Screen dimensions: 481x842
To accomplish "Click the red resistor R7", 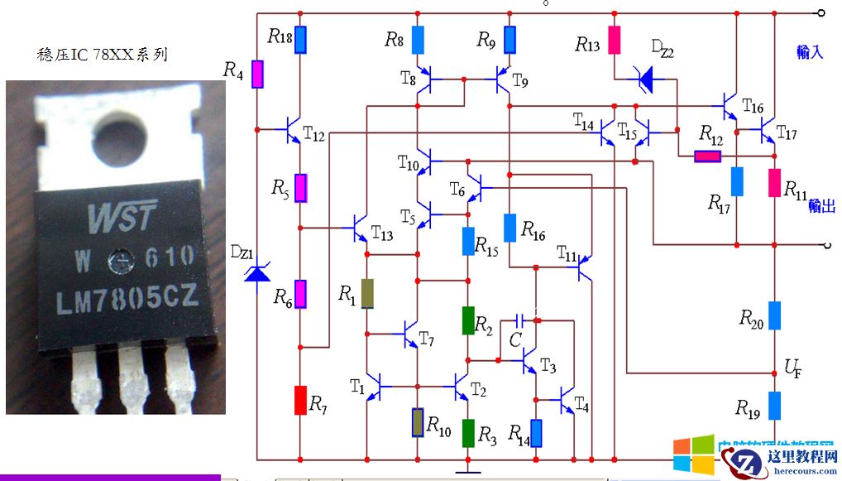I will [300, 400].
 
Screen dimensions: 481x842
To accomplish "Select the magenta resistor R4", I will [258, 75].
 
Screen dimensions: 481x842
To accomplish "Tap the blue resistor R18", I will [300, 38].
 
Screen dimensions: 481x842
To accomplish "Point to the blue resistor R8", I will [419, 39].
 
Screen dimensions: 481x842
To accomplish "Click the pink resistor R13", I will [615, 40].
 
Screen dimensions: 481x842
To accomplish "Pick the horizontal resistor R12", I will [707, 156].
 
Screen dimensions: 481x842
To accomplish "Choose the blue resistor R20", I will [775, 315].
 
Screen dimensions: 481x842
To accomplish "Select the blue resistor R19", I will [775, 405].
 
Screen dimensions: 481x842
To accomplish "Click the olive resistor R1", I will [367, 293].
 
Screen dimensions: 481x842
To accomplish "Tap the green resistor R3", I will [468, 432].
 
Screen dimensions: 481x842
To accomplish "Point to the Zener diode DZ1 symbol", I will [257, 269].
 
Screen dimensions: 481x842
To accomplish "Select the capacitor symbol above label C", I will [520, 320].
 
